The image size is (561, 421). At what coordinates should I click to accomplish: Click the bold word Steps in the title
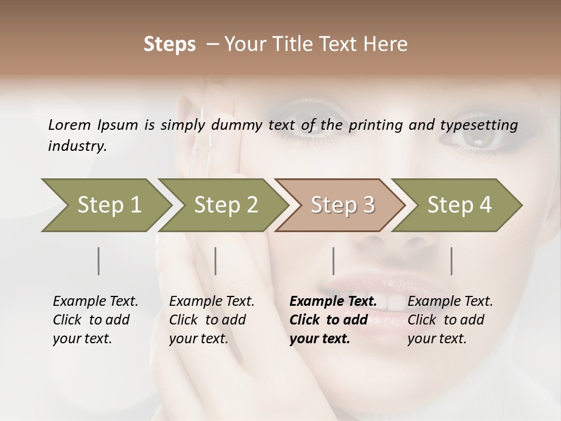tap(169, 44)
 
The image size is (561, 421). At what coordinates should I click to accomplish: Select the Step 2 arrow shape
tap(225, 205)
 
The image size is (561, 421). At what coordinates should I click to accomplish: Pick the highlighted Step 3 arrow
tap(342, 205)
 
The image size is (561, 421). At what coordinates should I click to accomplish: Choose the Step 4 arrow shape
tap(459, 205)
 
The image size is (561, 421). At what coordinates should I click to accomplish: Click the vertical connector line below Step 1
tap(99, 261)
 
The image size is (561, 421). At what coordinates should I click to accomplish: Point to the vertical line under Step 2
tap(216, 261)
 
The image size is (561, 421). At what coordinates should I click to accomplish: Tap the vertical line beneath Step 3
tap(334, 261)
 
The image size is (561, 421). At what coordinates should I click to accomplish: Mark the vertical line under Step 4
tap(452, 261)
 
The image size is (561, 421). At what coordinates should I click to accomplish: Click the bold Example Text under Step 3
tap(333, 301)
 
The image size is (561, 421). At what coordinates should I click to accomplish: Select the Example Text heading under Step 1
tap(95, 301)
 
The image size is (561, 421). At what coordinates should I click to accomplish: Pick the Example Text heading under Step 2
tap(212, 301)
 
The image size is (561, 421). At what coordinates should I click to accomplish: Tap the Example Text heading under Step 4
tap(450, 301)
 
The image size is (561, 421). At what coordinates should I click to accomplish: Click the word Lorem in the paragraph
tap(70, 125)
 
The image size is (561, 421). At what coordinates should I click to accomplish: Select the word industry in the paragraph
tap(77, 146)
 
